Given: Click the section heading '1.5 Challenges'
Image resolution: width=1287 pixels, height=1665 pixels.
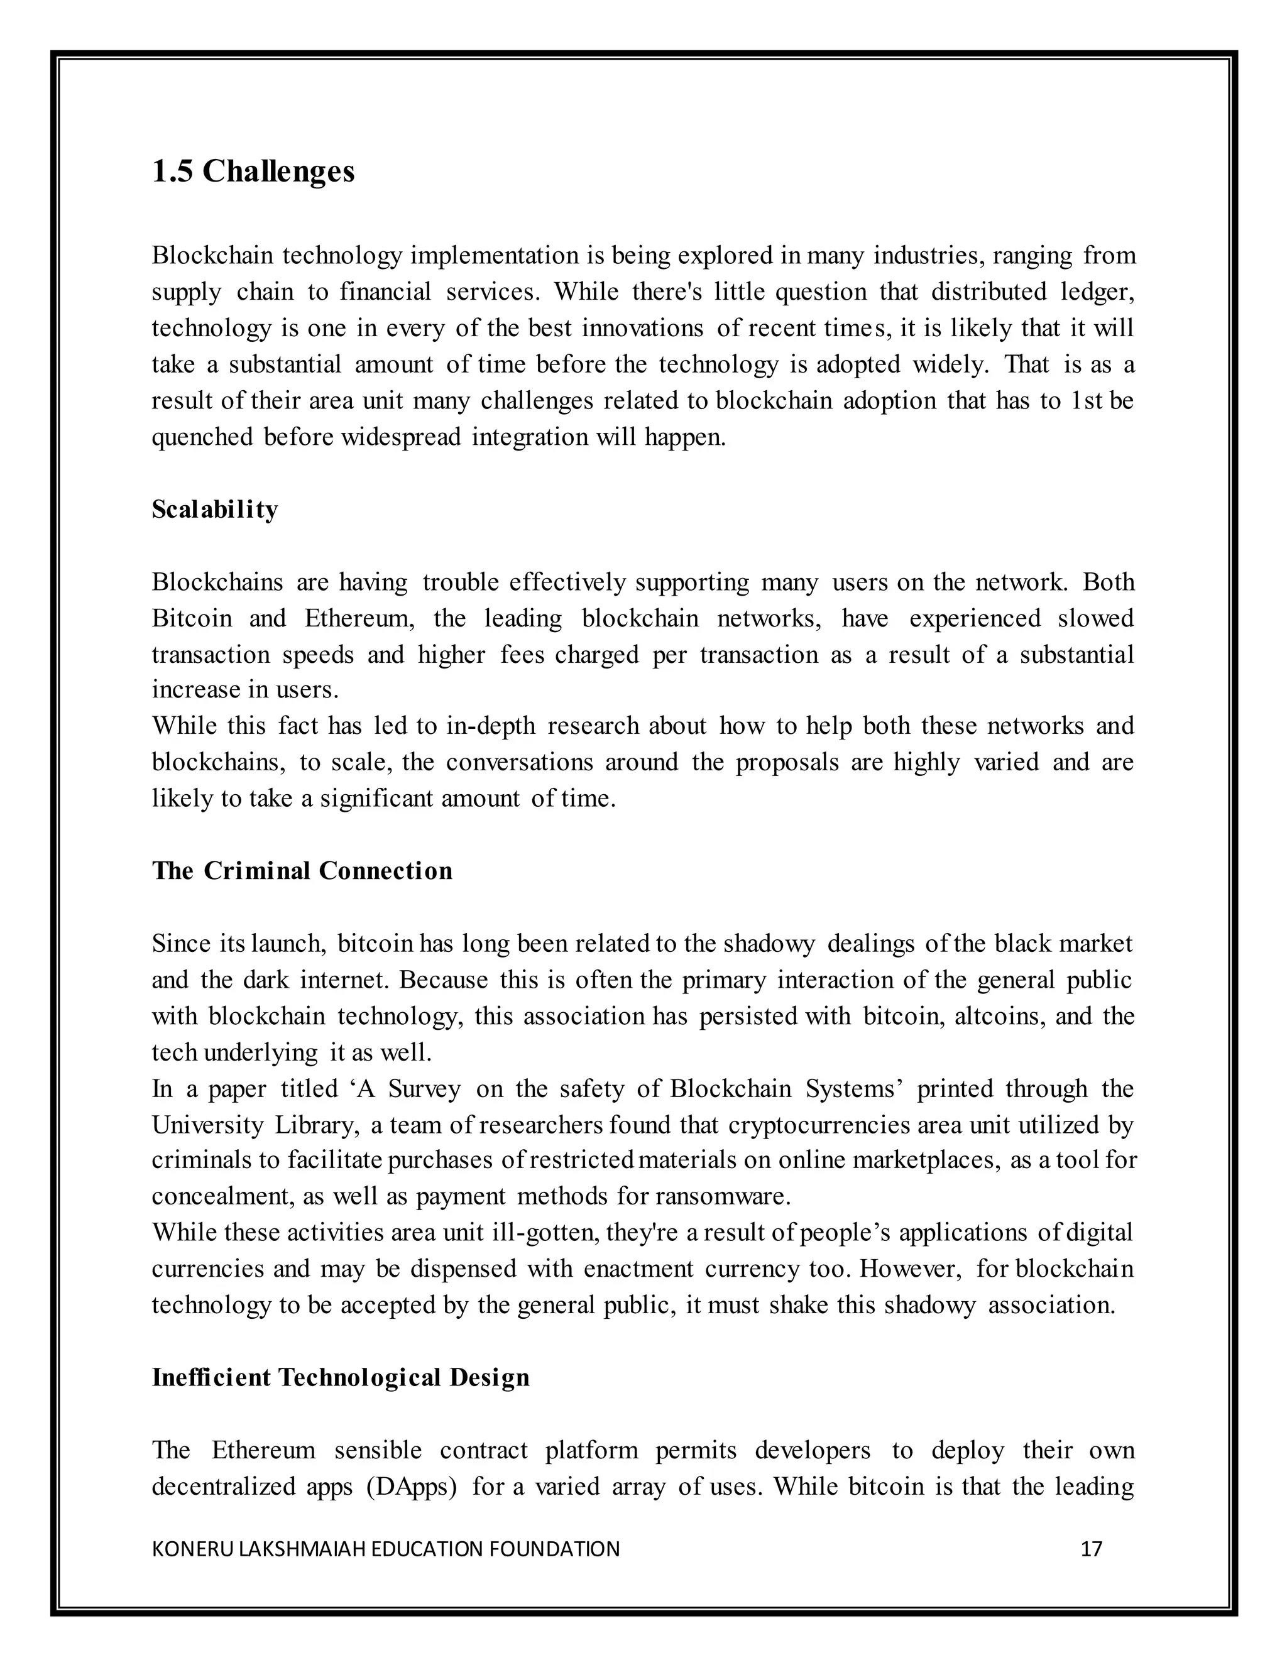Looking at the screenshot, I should coord(253,172).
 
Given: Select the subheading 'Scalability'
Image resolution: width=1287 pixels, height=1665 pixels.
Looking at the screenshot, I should coord(215,510).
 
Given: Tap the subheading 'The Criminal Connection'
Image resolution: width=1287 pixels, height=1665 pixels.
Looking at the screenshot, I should coord(302,871).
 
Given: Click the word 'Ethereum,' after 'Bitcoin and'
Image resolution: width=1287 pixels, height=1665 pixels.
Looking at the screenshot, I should coord(360,618).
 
